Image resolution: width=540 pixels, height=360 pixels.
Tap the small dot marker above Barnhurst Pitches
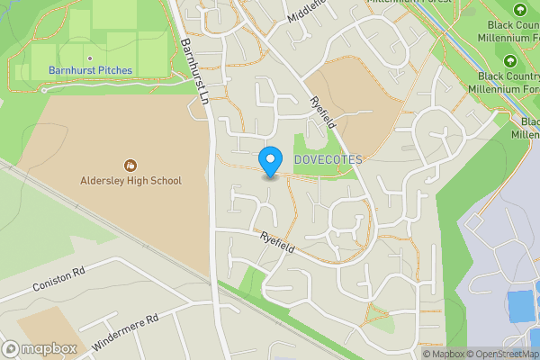pyautogui.click(x=89, y=58)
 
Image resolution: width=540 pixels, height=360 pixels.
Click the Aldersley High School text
pyautogui.click(x=131, y=181)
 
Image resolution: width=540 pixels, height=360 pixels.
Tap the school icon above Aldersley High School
pyautogui.click(x=130, y=166)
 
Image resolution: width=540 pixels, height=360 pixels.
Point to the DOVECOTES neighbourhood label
pyautogui.click(x=328, y=160)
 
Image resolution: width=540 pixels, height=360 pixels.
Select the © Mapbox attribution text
pyautogui.click(x=445, y=354)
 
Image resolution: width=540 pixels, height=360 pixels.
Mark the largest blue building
pyautogui.click(x=520, y=306)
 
